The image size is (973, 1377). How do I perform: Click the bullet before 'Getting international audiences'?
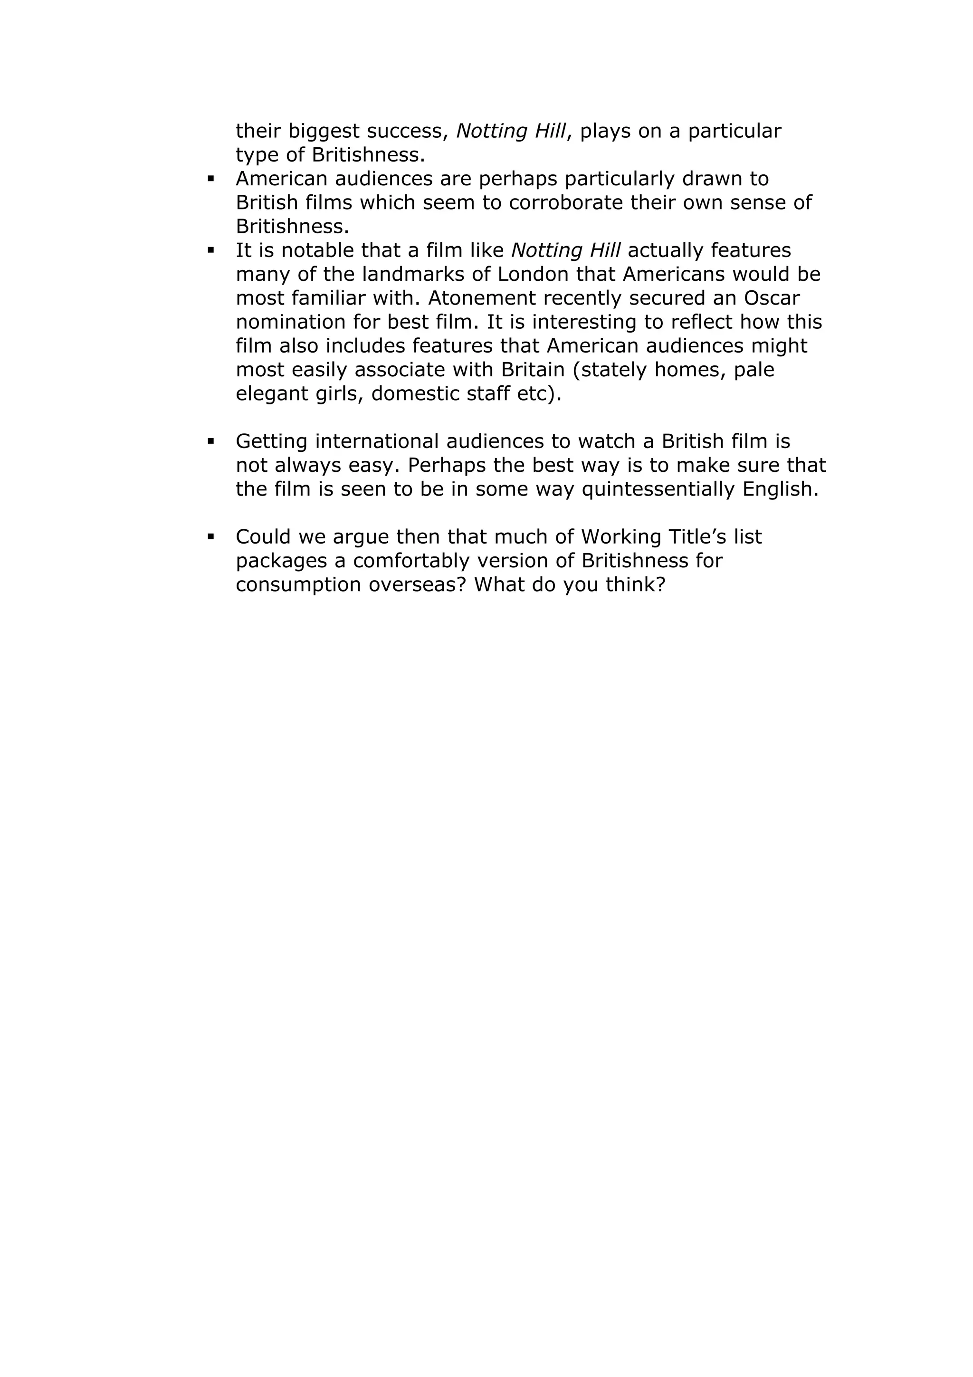click(x=210, y=441)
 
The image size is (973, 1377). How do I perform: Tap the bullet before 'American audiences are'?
click(x=210, y=179)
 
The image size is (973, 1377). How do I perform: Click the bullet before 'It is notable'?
click(x=210, y=250)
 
